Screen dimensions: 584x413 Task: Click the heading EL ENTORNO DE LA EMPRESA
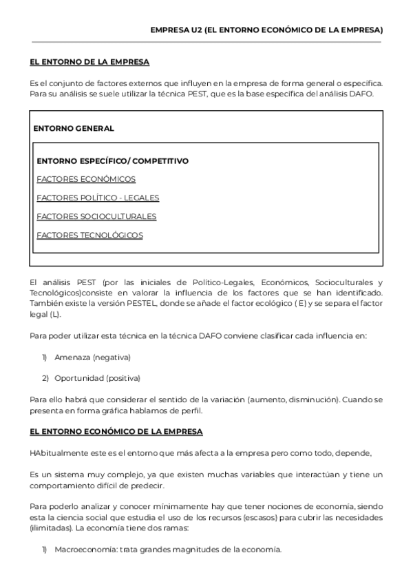coord(89,62)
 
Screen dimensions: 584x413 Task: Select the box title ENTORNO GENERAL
coord(74,128)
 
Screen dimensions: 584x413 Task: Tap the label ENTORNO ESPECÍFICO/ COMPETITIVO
coord(112,161)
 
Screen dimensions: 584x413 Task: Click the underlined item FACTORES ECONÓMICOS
coord(86,179)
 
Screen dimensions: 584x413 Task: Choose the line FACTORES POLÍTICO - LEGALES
coord(98,198)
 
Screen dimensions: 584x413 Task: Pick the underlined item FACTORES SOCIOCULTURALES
coord(96,216)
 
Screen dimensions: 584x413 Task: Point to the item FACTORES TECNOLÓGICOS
coord(89,235)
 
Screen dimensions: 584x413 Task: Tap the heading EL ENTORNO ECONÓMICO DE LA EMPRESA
coord(116,432)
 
